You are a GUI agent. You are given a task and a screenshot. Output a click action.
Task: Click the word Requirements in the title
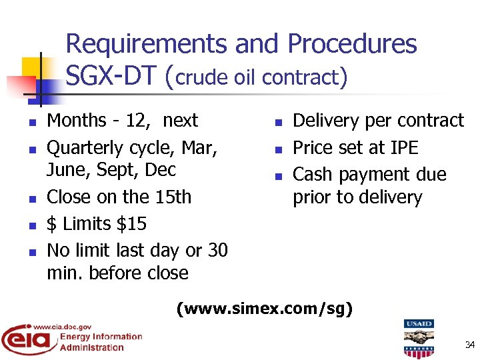[147, 45]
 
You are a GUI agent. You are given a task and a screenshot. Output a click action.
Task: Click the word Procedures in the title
[352, 45]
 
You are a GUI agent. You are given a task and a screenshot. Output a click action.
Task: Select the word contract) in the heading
[305, 78]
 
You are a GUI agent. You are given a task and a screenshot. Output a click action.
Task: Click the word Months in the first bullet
[77, 121]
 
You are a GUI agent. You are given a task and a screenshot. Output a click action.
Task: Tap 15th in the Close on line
[172, 197]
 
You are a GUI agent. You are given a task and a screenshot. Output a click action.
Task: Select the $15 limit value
[131, 224]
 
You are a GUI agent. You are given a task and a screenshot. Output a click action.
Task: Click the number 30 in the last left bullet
[217, 251]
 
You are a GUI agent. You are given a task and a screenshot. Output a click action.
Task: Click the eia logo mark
[27, 340]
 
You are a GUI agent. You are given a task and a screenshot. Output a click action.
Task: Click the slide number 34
[469, 345]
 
